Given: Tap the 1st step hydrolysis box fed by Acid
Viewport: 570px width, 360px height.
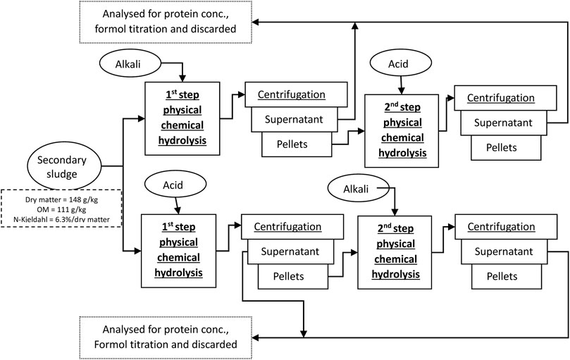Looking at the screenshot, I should [176, 249].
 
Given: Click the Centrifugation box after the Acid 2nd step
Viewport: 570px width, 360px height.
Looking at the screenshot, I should [504, 99].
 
